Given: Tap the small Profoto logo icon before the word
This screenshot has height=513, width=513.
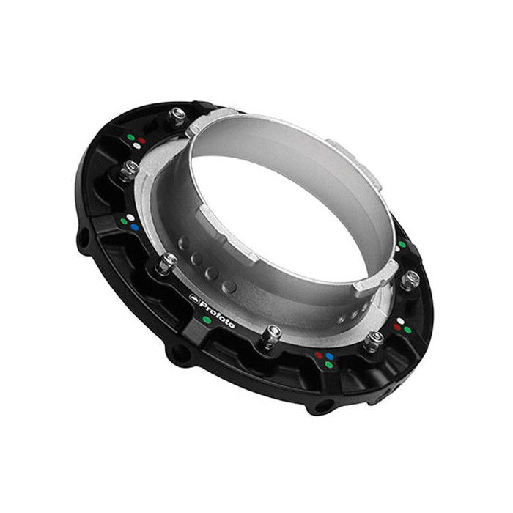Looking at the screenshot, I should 194,298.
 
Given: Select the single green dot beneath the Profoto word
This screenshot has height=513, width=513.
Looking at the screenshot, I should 207,320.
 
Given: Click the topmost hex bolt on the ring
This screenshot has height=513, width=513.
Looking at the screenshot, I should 177,115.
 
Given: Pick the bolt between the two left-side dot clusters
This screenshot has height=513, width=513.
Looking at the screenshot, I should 130,169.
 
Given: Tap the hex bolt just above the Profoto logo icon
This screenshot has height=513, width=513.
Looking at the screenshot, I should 169,261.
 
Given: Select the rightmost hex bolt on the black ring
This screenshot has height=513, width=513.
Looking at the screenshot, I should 411,278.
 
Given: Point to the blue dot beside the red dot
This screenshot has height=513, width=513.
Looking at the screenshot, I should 329,357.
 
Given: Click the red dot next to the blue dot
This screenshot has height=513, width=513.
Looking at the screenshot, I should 319,355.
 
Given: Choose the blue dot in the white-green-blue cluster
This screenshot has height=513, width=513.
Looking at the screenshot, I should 134,227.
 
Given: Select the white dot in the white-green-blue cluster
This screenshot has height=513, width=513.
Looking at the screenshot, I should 130,218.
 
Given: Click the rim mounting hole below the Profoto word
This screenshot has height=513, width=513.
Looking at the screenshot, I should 176,355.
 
